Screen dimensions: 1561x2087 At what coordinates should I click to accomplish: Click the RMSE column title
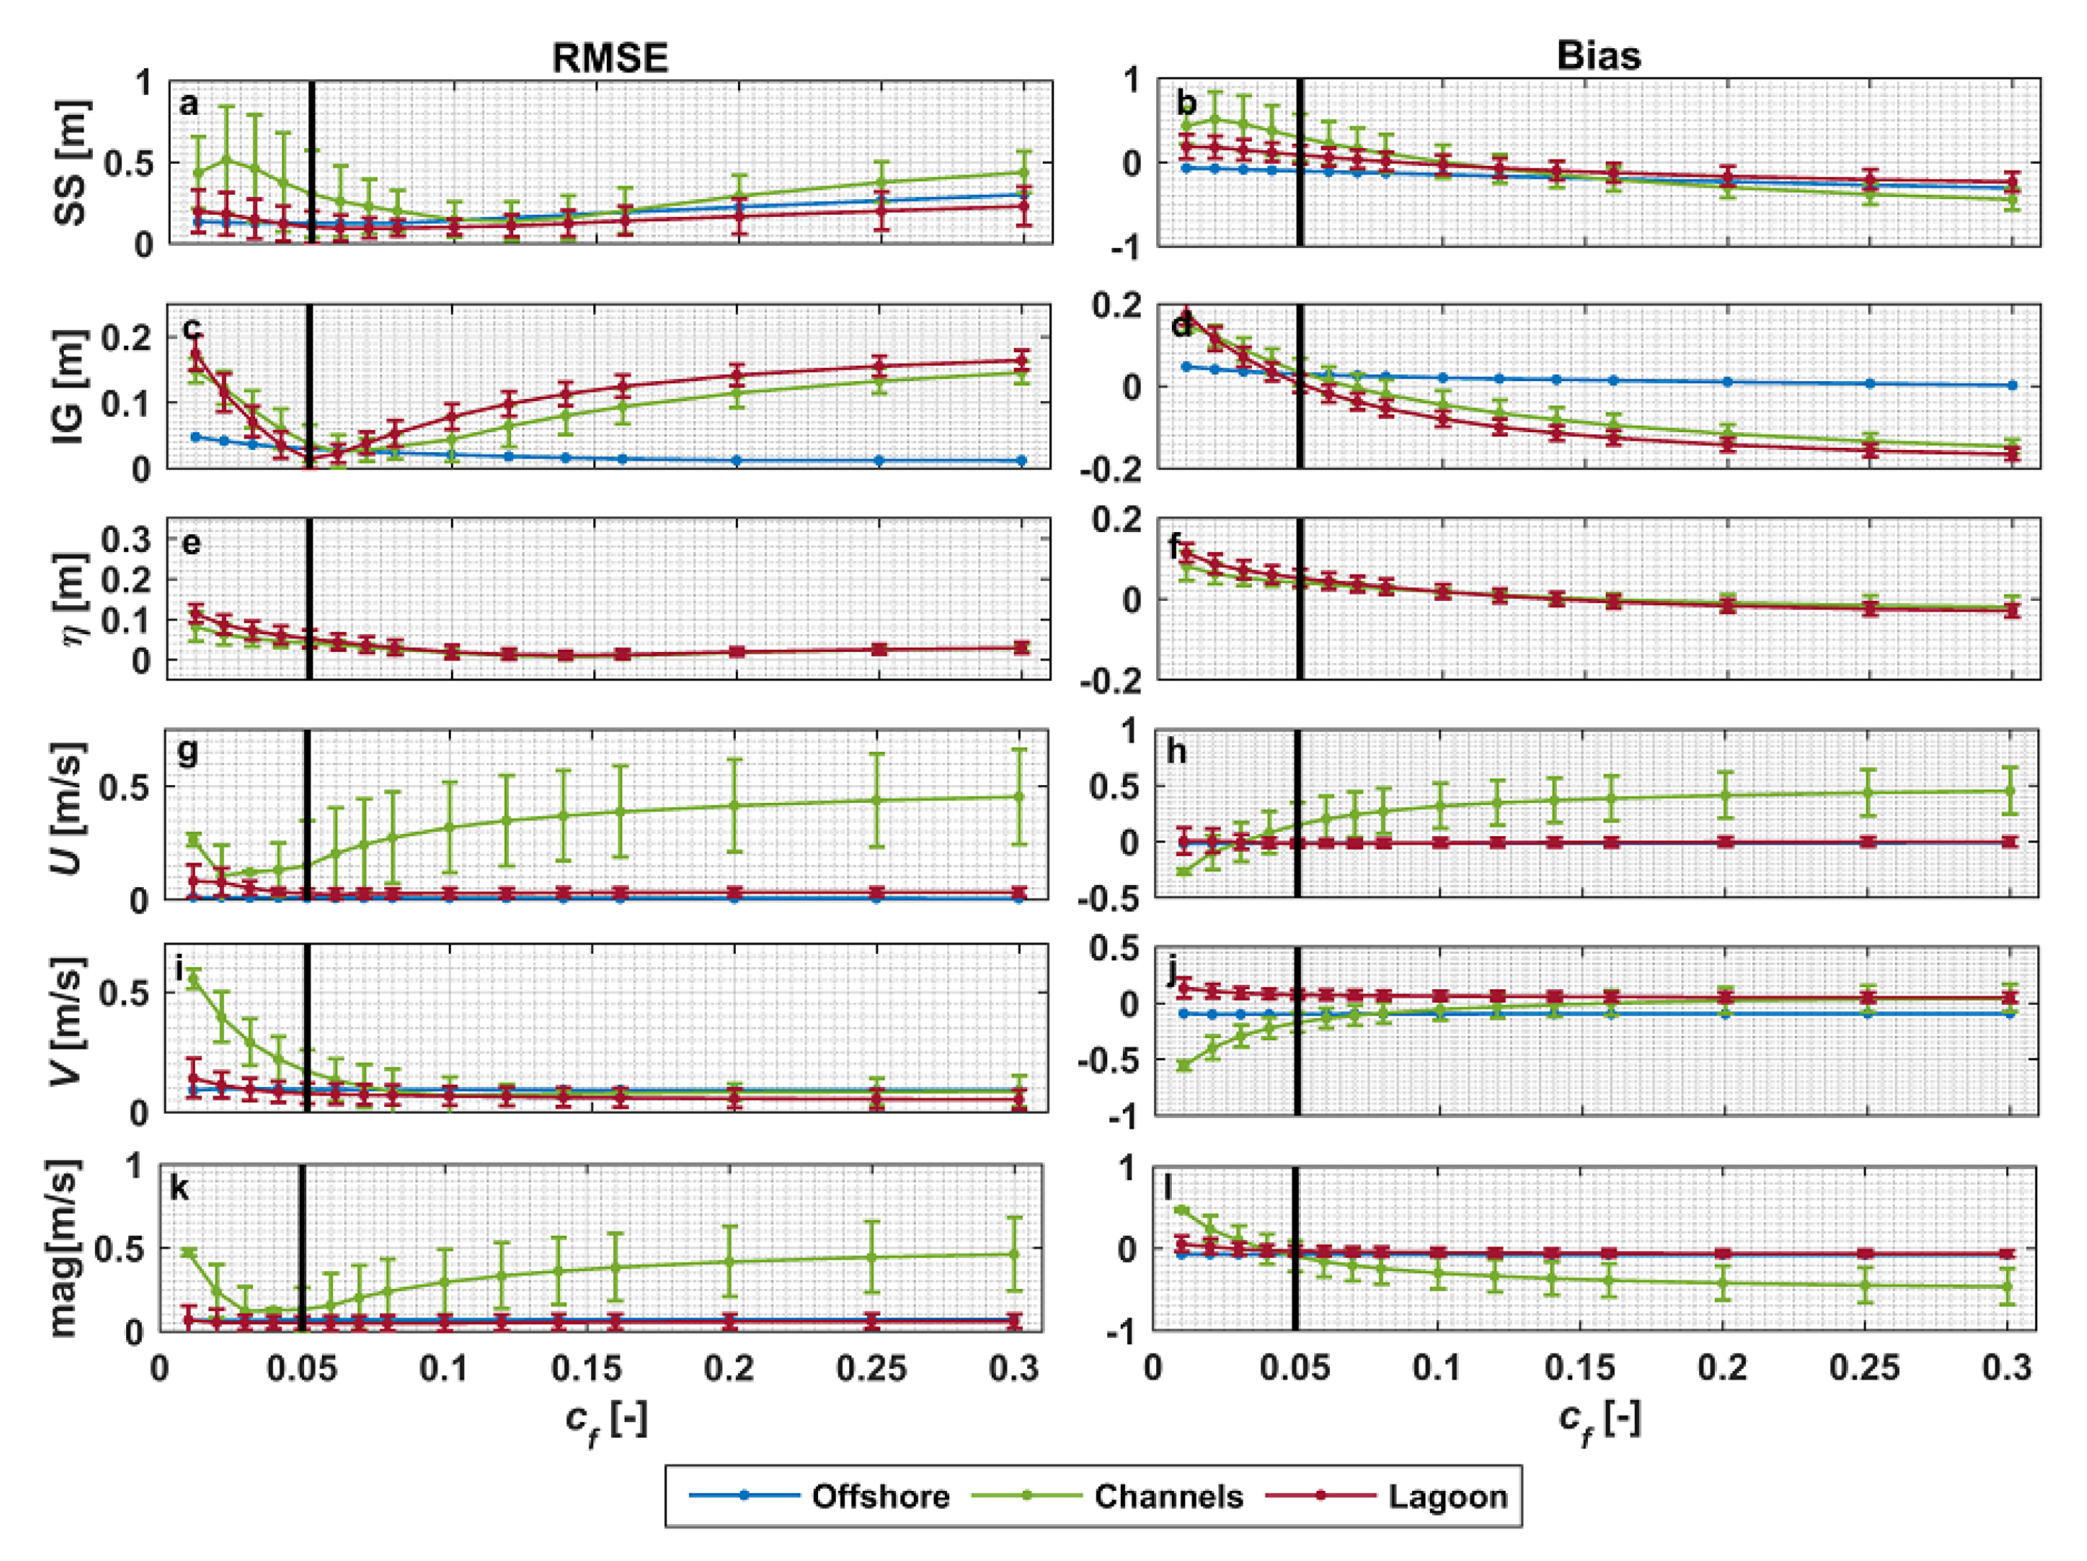[x=610, y=59]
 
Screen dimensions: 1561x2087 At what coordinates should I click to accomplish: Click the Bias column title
[x=1599, y=56]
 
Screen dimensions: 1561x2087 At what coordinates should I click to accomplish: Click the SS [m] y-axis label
[x=69, y=162]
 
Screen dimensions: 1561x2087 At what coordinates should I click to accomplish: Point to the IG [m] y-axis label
[x=69, y=387]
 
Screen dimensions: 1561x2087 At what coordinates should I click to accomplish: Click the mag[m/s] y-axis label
[x=65, y=1248]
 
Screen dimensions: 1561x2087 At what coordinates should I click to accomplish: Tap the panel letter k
[x=179, y=1188]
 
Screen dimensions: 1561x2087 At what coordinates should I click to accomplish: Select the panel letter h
[x=1177, y=752]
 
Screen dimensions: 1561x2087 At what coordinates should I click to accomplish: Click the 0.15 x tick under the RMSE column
[x=587, y=1368]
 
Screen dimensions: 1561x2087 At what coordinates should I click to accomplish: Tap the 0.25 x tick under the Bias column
[x=1864, y=1368]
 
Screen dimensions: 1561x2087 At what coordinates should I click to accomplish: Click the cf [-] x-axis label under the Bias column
[x=1599, y=1421]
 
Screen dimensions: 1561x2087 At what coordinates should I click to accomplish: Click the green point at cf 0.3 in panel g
[x=1019, y=796]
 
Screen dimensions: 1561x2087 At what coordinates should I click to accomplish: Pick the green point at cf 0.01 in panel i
[x=194, y=980]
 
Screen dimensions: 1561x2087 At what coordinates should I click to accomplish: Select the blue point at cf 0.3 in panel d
[x=2013, y=385]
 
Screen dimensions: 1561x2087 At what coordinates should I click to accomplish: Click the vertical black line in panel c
[x=308, y=387]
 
